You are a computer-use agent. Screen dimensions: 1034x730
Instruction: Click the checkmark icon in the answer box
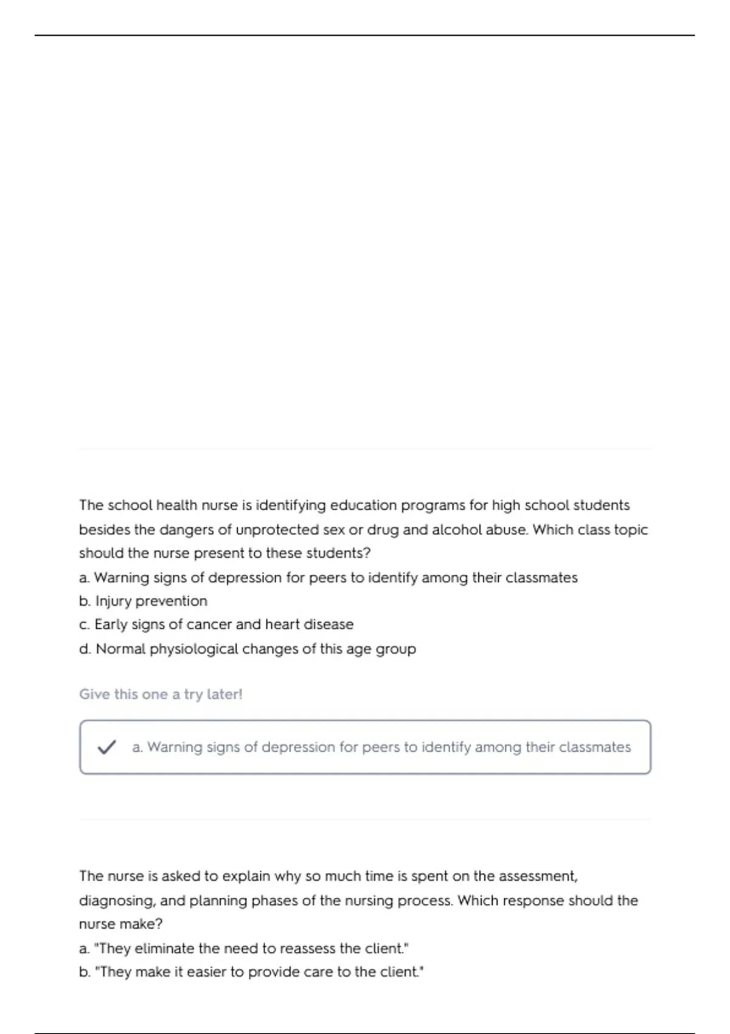(106, 747)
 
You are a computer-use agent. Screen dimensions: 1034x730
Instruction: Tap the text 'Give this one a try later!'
(161, 694)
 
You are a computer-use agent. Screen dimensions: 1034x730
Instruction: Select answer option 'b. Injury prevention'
(143, 601)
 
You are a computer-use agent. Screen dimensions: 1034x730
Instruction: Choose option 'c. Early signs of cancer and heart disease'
(216, 625)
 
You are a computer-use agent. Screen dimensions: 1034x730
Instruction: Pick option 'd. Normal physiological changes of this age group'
(248, 649)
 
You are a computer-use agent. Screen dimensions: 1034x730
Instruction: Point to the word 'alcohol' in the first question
(456, 530)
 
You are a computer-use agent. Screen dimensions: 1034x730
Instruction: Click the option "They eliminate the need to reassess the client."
(244, 948)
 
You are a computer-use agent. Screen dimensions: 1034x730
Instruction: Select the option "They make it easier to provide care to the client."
(251, 972)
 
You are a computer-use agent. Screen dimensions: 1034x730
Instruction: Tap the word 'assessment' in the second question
(537, 876)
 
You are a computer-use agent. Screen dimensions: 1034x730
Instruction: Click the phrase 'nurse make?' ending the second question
(121, 925)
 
